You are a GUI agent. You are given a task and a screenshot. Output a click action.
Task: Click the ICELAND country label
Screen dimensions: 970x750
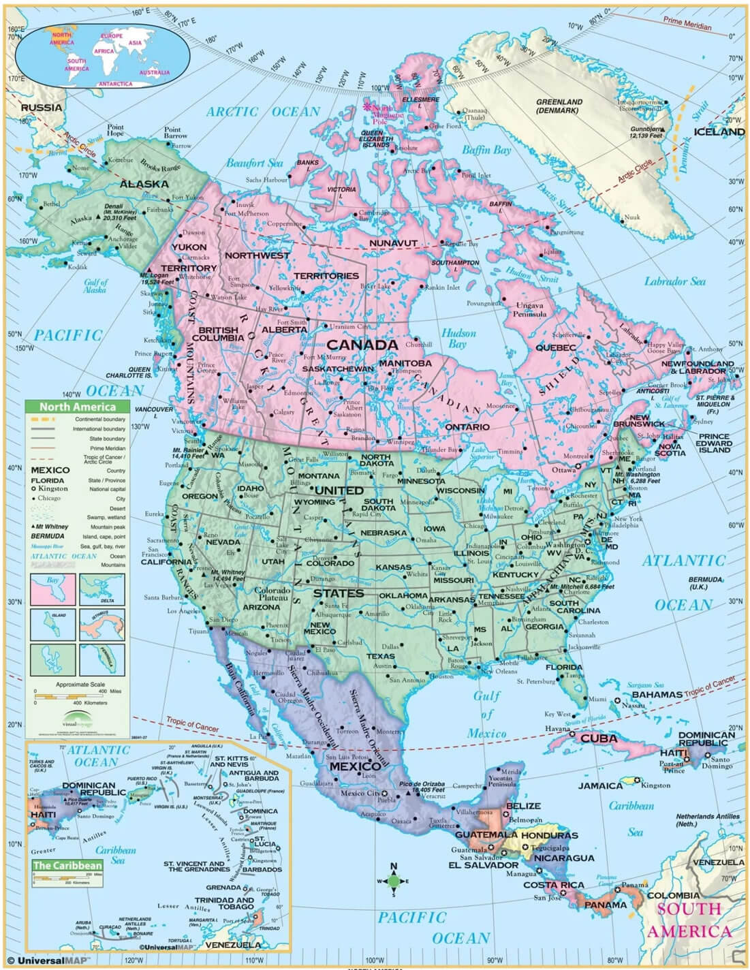[x=719, y=131]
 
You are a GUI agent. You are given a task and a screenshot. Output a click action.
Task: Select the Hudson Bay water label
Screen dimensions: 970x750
[x=458, y=339]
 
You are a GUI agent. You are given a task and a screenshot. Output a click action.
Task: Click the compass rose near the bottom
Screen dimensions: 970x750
[x=393, y=881]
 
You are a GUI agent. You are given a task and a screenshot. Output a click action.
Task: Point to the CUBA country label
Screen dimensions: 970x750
[x=599, y=738]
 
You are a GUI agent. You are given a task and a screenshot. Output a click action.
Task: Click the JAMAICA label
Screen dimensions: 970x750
[x=601, y=785]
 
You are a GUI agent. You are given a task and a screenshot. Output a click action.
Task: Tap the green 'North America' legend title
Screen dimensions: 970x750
[x=75, y=407]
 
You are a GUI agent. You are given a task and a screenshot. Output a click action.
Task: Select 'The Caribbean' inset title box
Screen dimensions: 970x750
[x=67, y=866]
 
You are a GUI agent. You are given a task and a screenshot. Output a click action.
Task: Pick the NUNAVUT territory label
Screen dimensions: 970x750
[x=393, y=243]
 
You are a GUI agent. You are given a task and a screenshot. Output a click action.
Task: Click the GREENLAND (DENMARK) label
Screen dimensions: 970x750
[x=559, y=106]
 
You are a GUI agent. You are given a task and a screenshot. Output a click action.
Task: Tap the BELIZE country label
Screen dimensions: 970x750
[x=523, y=806]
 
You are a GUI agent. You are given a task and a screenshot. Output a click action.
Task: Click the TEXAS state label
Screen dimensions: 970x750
[x=380, y=656]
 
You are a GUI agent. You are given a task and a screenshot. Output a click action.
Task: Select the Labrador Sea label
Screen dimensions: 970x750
[x=674, y=281]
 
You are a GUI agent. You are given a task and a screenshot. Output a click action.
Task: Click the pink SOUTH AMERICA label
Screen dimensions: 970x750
[x=689, y=920]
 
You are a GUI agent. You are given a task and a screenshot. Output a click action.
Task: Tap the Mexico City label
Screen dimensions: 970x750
[x=360, y=793]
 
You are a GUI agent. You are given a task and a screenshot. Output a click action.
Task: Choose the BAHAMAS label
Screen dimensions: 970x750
[x=657, y=694]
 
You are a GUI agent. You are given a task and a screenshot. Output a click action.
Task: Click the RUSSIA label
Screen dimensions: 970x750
[x=41, y=108]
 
